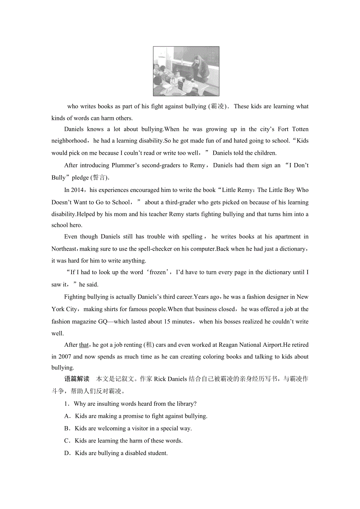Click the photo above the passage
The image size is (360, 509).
[186, 71]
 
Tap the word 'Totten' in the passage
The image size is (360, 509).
[299, 129]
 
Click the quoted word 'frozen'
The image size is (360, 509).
[158, 272]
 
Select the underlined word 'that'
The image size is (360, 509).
[84, 345]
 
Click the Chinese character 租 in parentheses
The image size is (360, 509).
[149, 345]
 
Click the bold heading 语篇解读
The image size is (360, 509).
[77, 379]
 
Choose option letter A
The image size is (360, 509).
[67, 416]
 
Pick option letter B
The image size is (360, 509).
[67, 428]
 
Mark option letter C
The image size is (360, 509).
[67, 441]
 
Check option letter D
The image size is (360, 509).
[67, 453]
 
